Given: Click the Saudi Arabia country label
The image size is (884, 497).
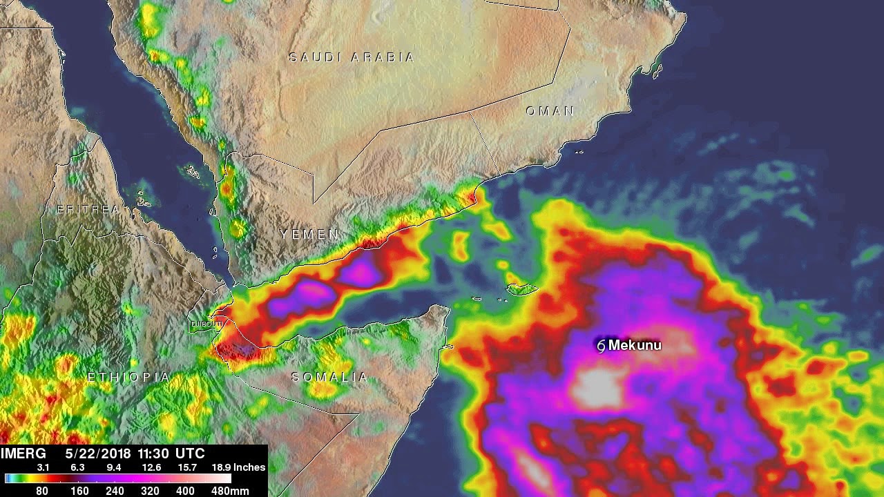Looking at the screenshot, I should coord(352,57).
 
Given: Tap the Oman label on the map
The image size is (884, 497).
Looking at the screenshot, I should coord(550,110).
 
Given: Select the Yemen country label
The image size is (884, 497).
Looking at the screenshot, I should coord(309,235).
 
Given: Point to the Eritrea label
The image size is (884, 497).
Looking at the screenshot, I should coord(88,209).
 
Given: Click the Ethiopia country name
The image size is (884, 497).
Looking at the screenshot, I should coord(128,377).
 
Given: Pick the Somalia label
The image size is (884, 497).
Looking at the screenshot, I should coord(330,377).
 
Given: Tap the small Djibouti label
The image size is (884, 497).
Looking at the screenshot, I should coord(207,323).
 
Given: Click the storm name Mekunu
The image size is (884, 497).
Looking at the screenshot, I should coord(635,345).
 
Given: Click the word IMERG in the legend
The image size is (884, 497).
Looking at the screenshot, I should coord(23,454).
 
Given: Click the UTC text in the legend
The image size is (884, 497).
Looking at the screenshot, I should coord(191,454).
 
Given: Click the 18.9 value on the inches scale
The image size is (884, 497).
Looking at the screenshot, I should coord(222,467).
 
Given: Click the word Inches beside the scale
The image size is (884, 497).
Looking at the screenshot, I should coord(249,467).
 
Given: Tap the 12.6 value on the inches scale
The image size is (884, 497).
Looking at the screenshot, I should coord(150,467).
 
